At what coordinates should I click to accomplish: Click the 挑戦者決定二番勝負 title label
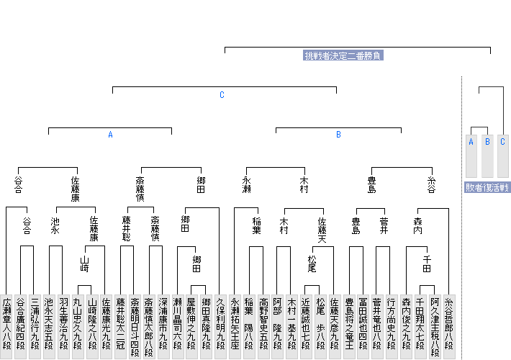tap(343, 55)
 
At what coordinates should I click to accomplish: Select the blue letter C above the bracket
tap(222, 95)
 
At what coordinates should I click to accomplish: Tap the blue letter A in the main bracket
tap(110, 135)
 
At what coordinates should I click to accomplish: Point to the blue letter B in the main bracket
tap(338, 135)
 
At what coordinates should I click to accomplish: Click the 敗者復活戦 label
tap(487, 187)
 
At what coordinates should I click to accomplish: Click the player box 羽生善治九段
tap(63, 324)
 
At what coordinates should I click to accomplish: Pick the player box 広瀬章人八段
tap(6, 324)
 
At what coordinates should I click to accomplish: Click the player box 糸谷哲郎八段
tap(449, 324)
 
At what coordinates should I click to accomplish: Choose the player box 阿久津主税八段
tap(435, 324)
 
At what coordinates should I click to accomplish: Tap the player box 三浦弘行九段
tap(35, 324)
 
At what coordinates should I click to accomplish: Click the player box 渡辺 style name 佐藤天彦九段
tap(335, 324)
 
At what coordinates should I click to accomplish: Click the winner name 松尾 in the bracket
tap(312, 263)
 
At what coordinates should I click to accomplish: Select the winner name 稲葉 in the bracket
tap(256, 225)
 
